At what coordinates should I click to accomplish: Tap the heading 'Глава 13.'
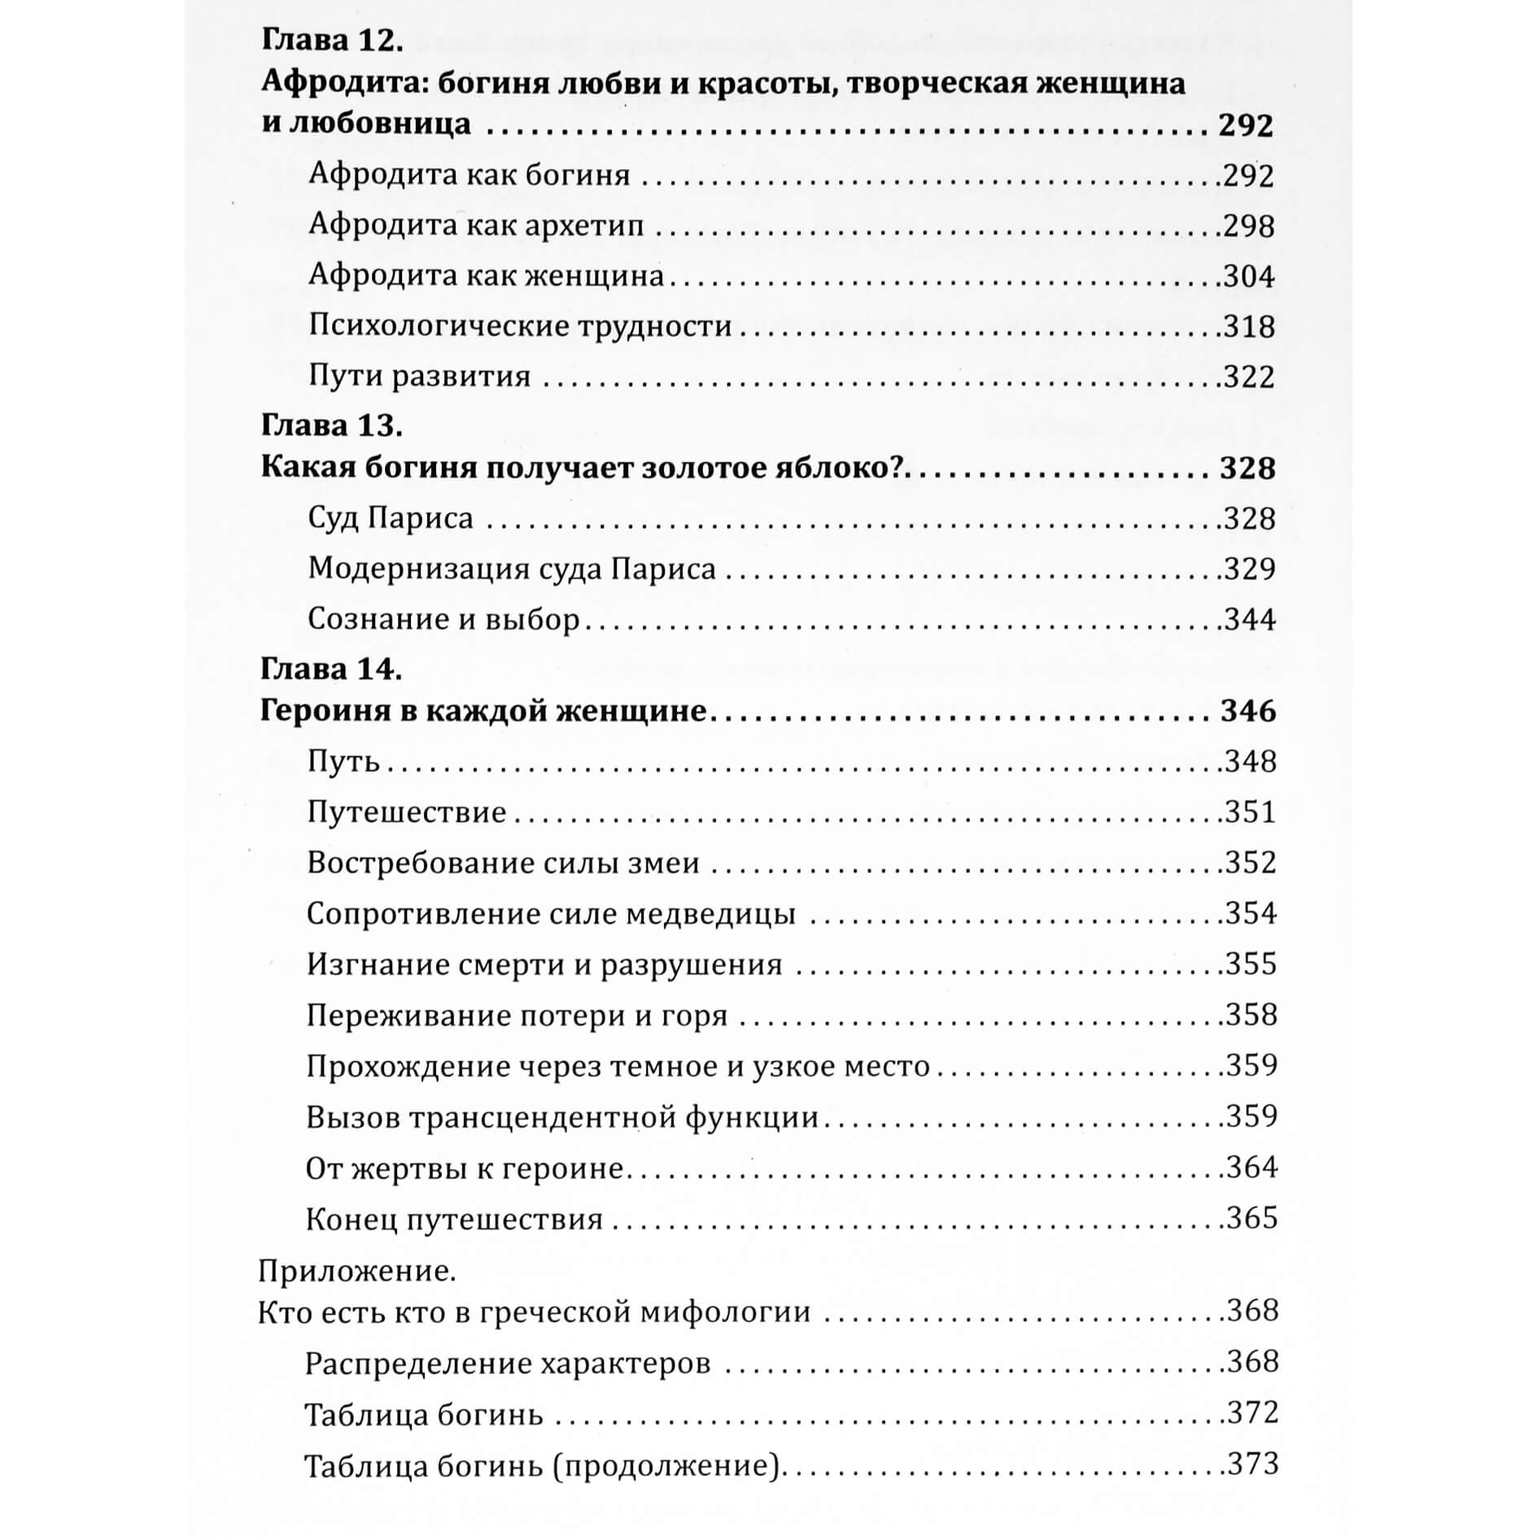click(331, 425)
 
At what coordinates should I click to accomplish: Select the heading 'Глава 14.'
click(331, 669)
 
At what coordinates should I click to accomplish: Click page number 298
click(1248, 226)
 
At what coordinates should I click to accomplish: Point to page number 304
click(1248, 277)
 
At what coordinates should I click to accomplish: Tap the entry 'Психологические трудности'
click(520, 326)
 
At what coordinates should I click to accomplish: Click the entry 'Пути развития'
click(419, 377)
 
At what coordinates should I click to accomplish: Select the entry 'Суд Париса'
click(390, 518)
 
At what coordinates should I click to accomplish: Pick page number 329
click(1249, 569)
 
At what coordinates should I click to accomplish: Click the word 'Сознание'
click(374, 619)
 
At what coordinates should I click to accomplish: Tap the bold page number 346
click(1247, 711)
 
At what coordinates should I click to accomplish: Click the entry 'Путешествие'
click(407, 812)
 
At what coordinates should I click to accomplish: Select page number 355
click(1250, 964)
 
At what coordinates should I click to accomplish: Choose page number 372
click(1252, 1412)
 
